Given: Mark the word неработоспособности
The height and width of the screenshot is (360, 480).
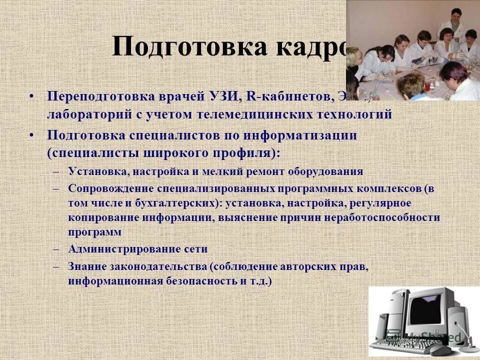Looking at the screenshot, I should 382,218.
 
